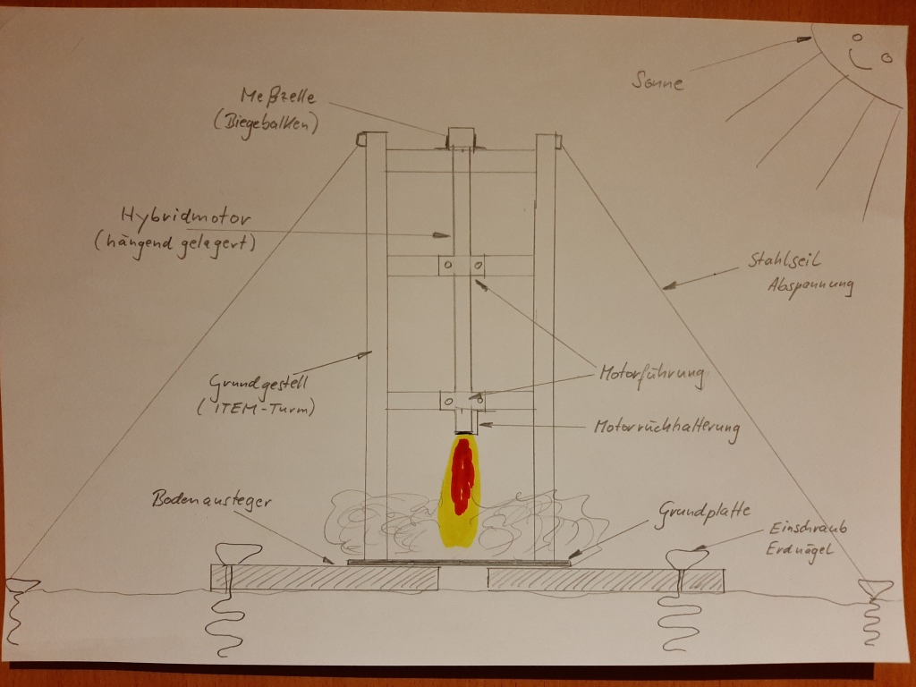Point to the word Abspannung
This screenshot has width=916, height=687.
pyautogui.click(x=809, y=288)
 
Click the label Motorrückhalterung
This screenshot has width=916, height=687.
pyautogui.click(x=666, y=428)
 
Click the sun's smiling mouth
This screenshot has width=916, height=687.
pyautogui.click(x=861, y=64)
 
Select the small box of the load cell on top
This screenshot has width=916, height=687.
pyautogui.click(x=461, y=138)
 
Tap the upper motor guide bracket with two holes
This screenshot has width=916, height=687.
pyautogui.click(x=462, y=267)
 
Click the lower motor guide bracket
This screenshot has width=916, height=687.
pyautogui.click(x=462, y=400)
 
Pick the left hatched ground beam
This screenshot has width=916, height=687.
pyautogui.click(x=325, y=578)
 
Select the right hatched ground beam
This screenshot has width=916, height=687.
pyautogui.click(x=606, y=580)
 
